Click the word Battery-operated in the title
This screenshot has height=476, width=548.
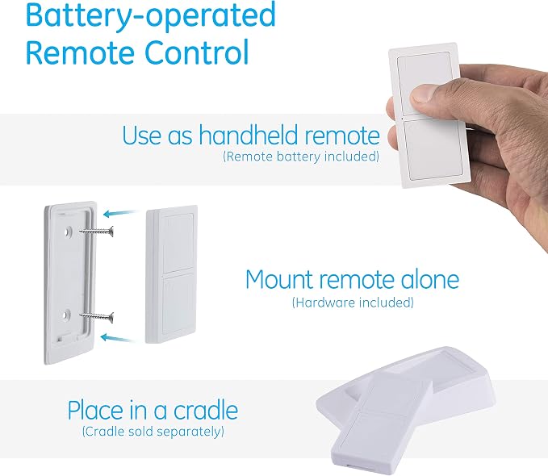pyautogui.click(x=151, y=15)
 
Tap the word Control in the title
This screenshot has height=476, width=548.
pyautogui.click(x=196, y=52)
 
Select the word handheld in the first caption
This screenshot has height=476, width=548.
pyautogui.click(x=248, y=135)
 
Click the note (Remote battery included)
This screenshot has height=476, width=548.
pyautogui.click(x=301, y=157)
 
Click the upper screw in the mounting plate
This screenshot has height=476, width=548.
pyautogui.click(x=97, y=231)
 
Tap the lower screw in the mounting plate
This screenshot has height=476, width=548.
pyautogui.click(x=97, y=317)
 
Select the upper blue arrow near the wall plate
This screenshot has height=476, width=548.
pyautogui.click(x=121, y=212)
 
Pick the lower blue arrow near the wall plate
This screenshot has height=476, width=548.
pyautogui.click(x=118, y=338)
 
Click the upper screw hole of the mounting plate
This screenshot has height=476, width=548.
pyautogui.click(x=68, y=231)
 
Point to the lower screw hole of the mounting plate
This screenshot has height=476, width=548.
pyautogui.click(x=66, y=315)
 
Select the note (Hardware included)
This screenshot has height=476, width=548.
pyautogui.click(x=353, y=303)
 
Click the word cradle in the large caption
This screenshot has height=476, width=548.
pyautogui.click(x=206, y=410)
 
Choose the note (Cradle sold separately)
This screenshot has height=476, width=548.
pyautogui.click(x=153, y=432)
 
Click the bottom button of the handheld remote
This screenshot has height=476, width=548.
pyautogui.click(x=434, y=149)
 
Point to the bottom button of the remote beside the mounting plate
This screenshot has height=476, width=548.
pyautogui.click(x=178, y=303)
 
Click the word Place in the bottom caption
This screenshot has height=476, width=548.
pyautogui.click(x=94, y=410)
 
